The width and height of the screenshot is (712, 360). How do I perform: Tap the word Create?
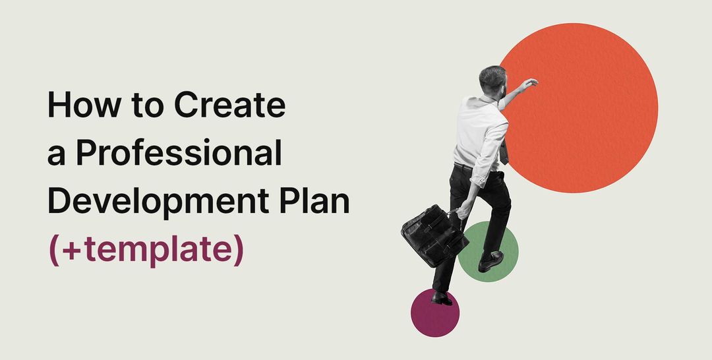click(230, 106)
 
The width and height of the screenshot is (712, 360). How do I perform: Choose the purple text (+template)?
click(146, 250)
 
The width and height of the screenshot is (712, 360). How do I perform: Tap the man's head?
click(492, 79)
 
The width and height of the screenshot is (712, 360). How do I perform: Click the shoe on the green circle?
click(490, 261)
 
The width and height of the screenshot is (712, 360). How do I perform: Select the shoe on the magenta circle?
click(442, 298)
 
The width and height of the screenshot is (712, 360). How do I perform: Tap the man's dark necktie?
click(504, 153)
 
